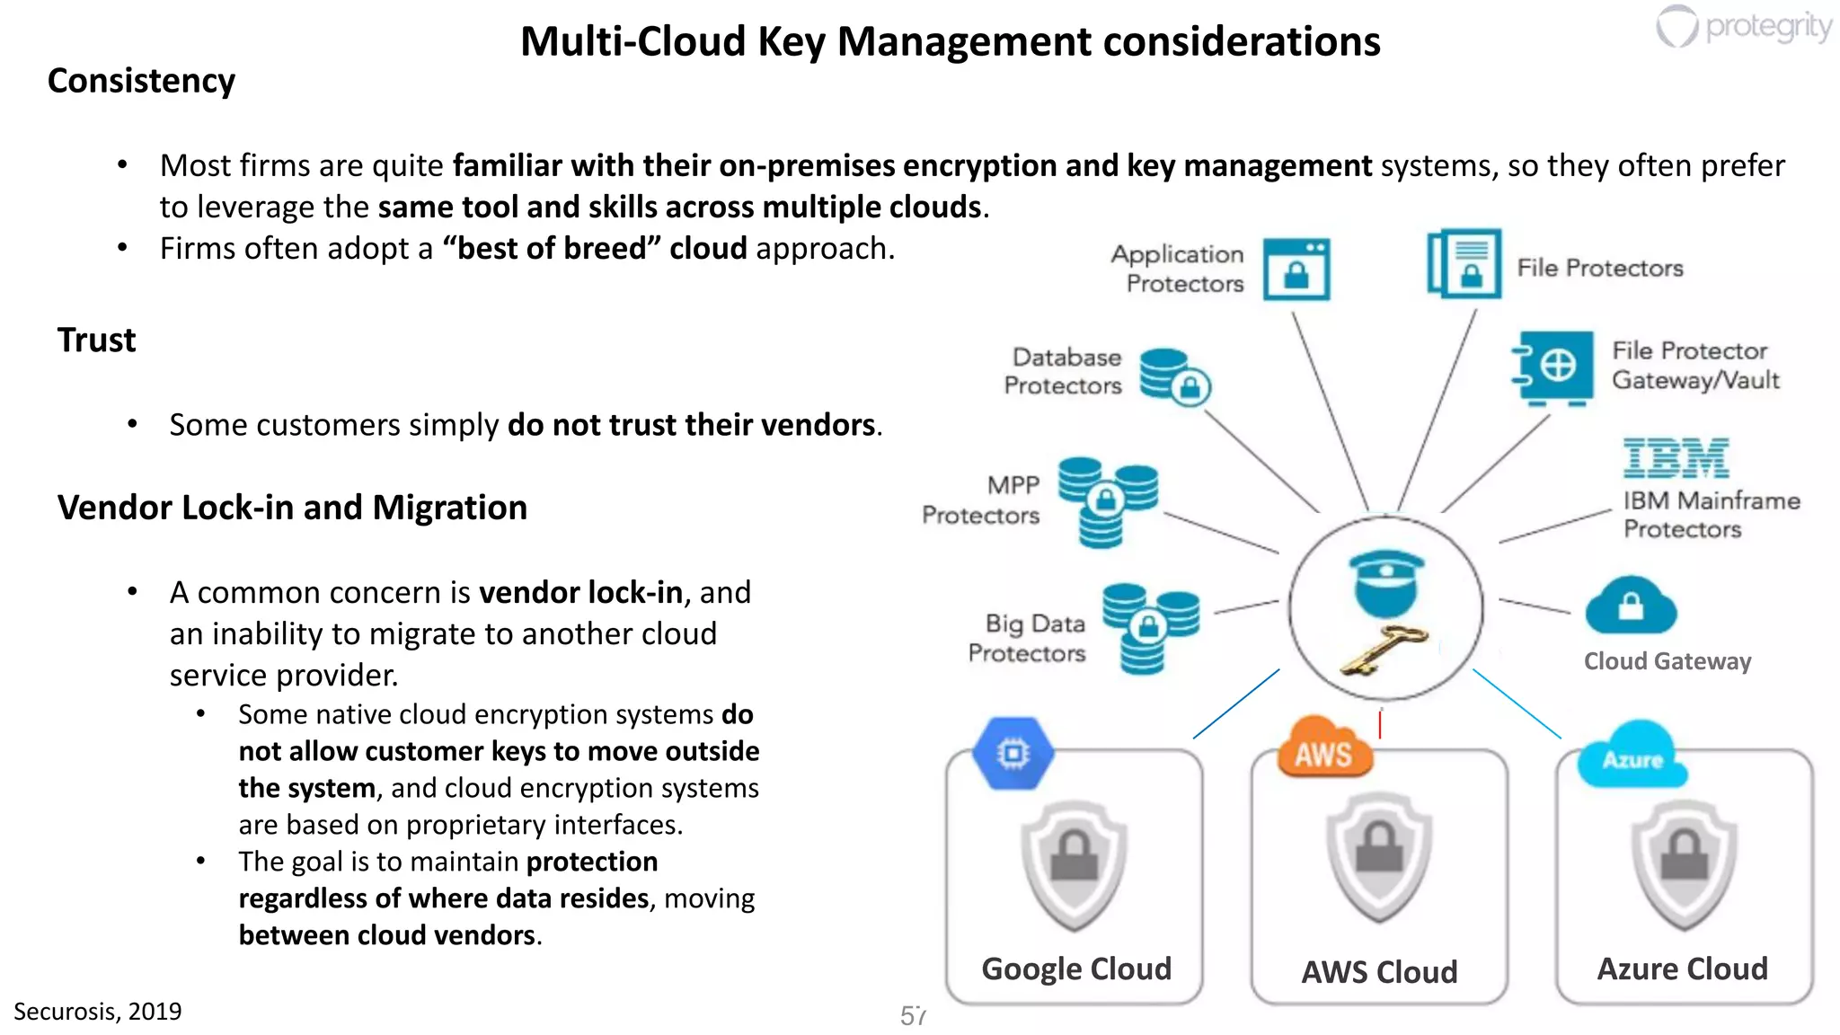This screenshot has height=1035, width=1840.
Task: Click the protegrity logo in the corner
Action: [x=1743, y=26]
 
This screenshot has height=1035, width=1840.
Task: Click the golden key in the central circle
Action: [x=1384, y=649]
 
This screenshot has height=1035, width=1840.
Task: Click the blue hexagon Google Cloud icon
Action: [x=1013, y=753]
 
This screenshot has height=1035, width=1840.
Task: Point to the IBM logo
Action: [x=1676, y=459]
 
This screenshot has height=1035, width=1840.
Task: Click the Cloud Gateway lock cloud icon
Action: [x=1631, y=606]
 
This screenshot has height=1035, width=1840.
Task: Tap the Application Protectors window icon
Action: [x=1296, y=269]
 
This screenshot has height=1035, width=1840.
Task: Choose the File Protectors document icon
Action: [x=1464, y=264]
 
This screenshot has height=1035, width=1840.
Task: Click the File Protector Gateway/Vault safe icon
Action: [x=1553, y=367]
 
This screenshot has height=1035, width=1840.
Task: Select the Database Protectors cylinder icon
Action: [x=1173, y=376]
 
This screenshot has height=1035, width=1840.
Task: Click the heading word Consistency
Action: [x=141, y=81]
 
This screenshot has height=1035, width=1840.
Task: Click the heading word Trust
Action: [x=96, y=341]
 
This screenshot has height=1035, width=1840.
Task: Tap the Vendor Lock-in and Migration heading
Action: [x=292, y=508]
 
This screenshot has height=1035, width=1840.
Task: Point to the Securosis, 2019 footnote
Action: [x=97, y=1012]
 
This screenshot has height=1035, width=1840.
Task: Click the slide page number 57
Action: [x=913, y=1015]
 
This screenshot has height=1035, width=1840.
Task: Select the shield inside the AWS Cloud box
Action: [x=1379, y=859]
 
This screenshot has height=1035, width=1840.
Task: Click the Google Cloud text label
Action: [x=1076, y=969]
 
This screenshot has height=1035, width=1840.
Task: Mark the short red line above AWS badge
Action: [x=1380, y=724]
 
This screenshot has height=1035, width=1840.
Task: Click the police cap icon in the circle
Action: [x=1386, y=582]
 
